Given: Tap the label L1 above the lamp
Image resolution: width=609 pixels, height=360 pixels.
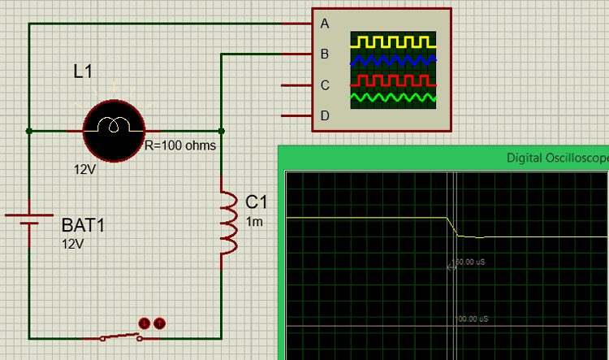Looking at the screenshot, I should (83, 72).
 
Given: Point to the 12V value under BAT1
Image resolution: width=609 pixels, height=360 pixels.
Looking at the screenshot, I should (73, 243).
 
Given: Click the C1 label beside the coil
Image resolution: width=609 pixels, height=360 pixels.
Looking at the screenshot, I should (256, 202).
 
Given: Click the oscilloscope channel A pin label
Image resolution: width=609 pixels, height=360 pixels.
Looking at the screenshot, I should (325, 24).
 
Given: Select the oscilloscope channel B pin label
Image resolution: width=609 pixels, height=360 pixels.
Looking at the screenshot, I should (325, 54).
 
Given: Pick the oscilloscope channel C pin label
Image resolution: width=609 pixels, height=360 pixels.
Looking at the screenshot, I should (325, 85).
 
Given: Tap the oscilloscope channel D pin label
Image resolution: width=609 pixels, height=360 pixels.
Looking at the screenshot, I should (325, 115).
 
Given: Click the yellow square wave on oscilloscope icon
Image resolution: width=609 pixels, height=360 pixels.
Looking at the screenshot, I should (392, 41).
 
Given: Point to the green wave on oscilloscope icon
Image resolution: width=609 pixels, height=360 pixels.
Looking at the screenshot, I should (392, 98).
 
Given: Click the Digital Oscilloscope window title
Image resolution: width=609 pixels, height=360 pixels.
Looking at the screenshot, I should (557, 158).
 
